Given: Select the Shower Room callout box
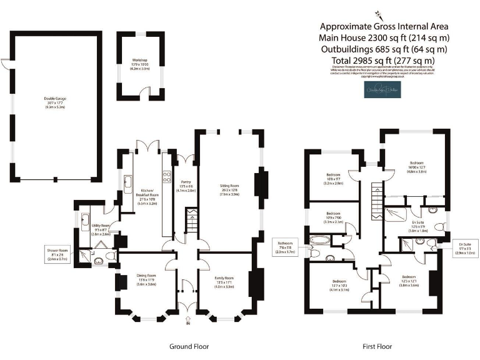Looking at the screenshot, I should click(x=57, y=254).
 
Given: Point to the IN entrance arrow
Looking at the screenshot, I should click(x=188, y=322).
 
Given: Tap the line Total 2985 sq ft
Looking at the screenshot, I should click(x=384, y=60).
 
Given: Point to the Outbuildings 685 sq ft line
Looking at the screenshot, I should click(x=384, y=49).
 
